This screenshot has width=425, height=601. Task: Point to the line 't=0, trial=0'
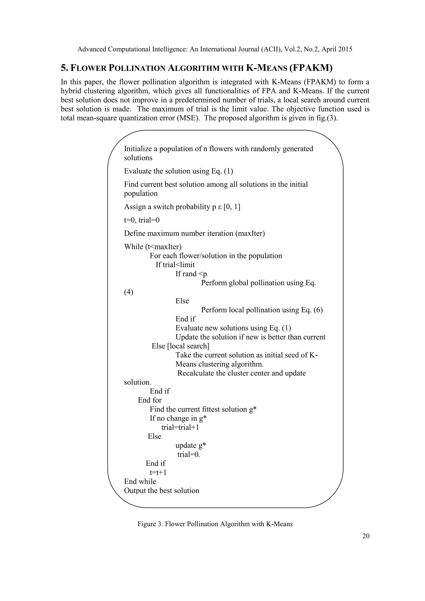142,220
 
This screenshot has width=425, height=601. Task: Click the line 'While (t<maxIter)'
153,247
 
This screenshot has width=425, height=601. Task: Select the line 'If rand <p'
191,274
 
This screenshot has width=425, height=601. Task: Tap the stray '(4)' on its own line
128,292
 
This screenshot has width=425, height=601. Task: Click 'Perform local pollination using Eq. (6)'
262,310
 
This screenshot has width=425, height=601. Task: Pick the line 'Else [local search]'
180,346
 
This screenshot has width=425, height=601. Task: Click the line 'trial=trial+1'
180,428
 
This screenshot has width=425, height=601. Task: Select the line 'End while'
140,481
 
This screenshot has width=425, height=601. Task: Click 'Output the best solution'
161,491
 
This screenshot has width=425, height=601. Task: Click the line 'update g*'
191,446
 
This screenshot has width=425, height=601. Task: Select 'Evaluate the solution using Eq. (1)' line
178,171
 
